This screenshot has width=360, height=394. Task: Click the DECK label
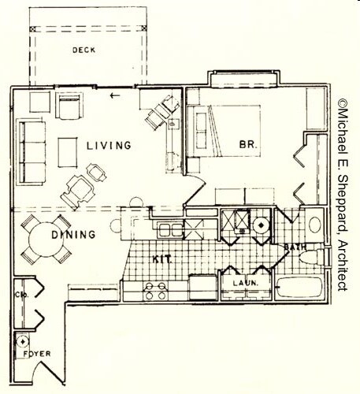[x=84, y=50]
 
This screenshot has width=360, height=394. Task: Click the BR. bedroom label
[x=250, y=145]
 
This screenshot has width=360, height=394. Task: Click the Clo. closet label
[x=23, y=295]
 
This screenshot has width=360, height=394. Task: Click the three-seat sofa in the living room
[x=32, y=151]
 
